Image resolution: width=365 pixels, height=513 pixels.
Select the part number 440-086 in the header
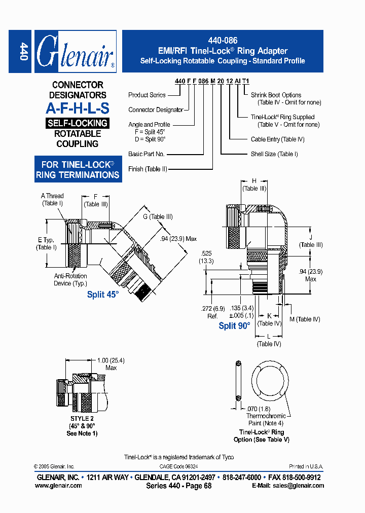coord(223,41)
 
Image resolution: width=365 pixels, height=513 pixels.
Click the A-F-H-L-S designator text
coord(77,108)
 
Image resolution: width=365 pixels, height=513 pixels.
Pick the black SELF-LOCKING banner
coord(77,123)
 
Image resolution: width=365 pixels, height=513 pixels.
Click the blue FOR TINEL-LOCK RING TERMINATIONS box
coord(77,170)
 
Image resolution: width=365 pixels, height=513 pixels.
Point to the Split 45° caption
coord(102,295)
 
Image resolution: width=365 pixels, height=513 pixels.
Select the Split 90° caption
coord(234,326)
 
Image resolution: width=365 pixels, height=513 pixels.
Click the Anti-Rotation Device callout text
coord(70,280)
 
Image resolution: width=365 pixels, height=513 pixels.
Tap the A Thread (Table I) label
coord(52,200)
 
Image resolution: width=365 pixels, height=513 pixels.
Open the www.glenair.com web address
coord(58,485)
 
